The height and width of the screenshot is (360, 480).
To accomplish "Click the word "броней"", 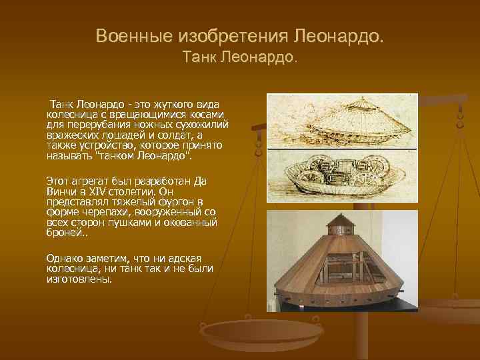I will (x=63, y=234).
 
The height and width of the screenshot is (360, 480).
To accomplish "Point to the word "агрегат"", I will (x=90, y=181).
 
